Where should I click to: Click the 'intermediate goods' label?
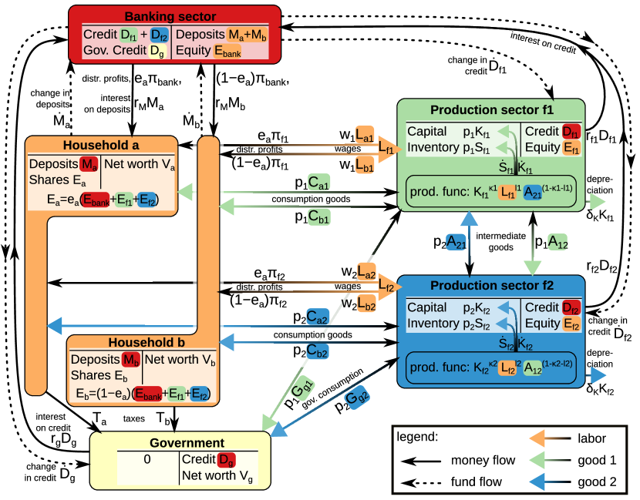click(x=501, y=241)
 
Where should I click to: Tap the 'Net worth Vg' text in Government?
click(x=214, y=477)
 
